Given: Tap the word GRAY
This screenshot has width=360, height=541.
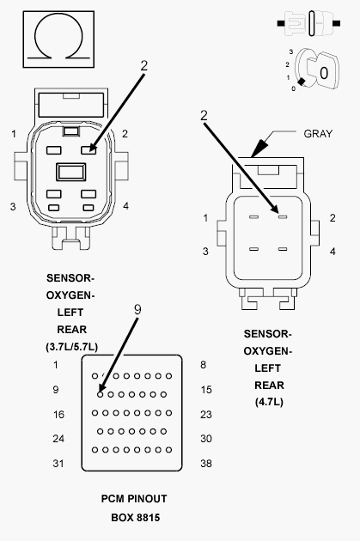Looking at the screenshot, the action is pos(318,133).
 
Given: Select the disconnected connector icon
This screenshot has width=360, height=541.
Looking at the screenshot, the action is pos(308,23).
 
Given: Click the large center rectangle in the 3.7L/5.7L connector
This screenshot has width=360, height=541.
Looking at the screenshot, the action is pos(71,172).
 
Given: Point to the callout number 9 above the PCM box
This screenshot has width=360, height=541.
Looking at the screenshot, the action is pos(137,309).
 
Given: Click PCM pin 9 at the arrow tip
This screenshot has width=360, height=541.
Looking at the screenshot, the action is pos(101,394).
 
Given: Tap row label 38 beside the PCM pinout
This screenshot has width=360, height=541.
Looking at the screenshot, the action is pos(206,464).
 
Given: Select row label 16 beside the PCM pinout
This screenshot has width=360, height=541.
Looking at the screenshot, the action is pos(58,415).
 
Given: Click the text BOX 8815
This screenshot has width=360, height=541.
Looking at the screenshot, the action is pos(135,518).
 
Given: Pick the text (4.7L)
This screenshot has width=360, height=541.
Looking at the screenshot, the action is pos(269,402).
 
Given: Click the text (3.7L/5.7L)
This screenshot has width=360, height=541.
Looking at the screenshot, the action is pos(71,346).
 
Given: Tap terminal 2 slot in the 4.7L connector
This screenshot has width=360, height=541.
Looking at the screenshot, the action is pos(283,217).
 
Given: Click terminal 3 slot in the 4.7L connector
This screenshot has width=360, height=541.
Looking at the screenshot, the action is pos(253,249).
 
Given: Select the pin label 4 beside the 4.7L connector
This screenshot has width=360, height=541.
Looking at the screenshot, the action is pos(333,252).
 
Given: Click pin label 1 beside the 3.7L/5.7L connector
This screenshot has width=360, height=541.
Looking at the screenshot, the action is pos(14,134).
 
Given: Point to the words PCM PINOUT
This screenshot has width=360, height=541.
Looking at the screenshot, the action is pos(134,499).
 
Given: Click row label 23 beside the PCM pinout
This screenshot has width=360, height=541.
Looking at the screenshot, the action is pos(206,415).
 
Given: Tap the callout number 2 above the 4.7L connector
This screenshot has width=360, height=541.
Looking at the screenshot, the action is pos(204,116).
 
